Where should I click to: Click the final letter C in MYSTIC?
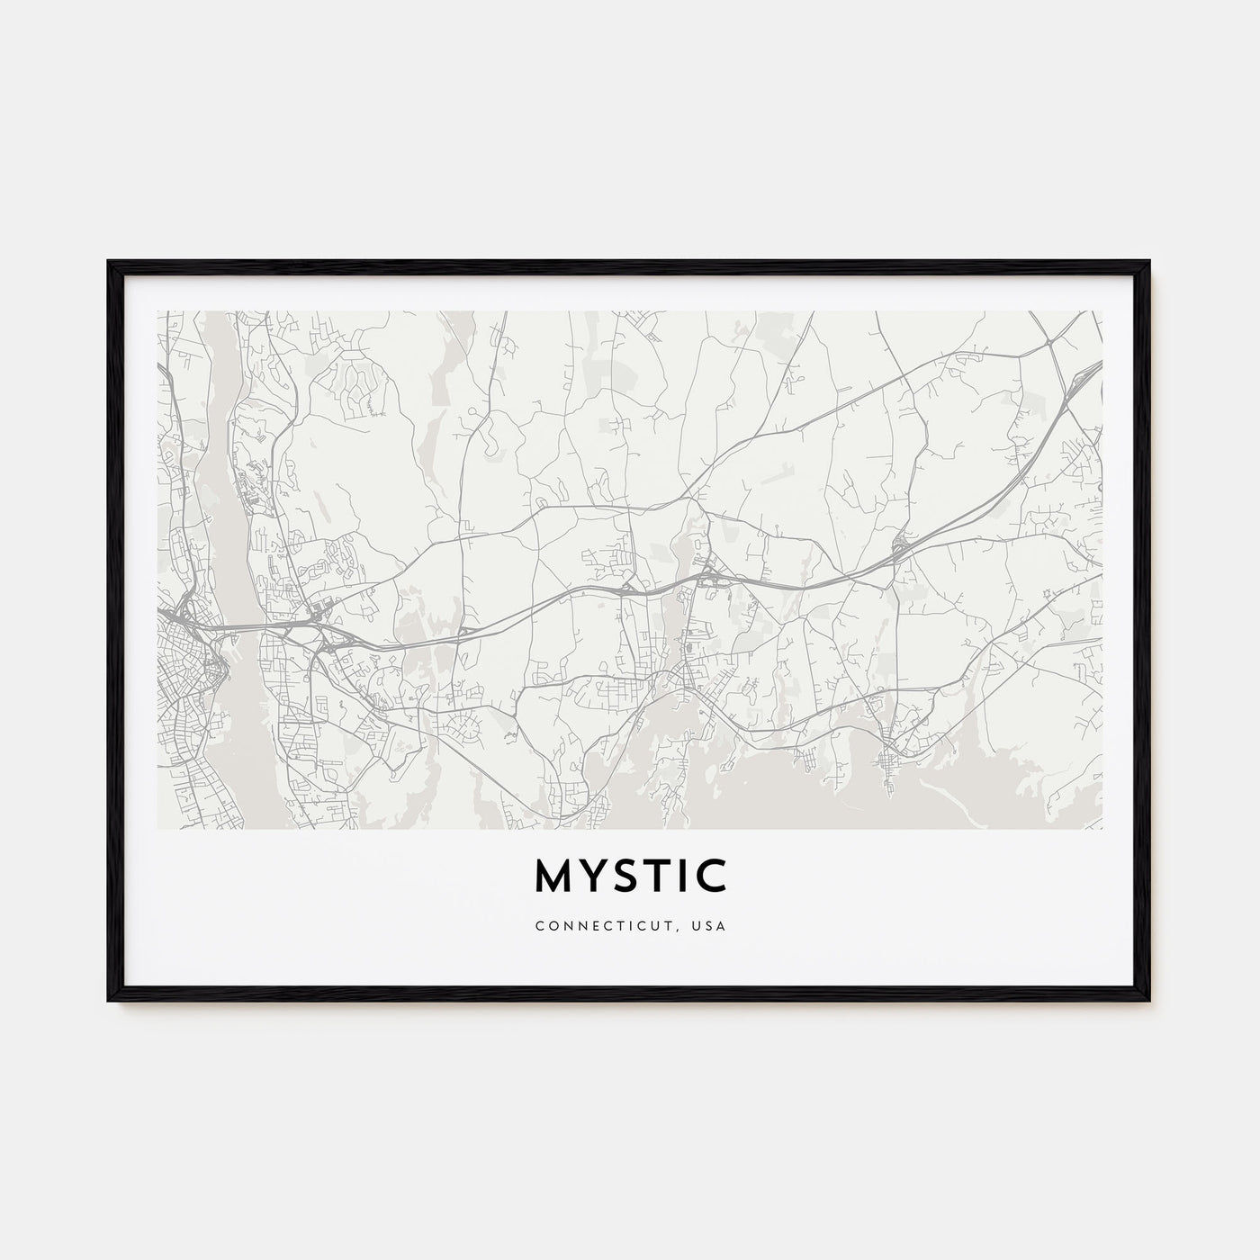click(x=712, y=877)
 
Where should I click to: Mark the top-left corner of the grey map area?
click(x=158, y=312)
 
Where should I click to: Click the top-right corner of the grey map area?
click(x=1102, y=312)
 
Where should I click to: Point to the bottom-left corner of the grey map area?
click(x=158, y=828)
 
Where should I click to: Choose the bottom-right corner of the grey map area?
click(x=1102, y=828)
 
